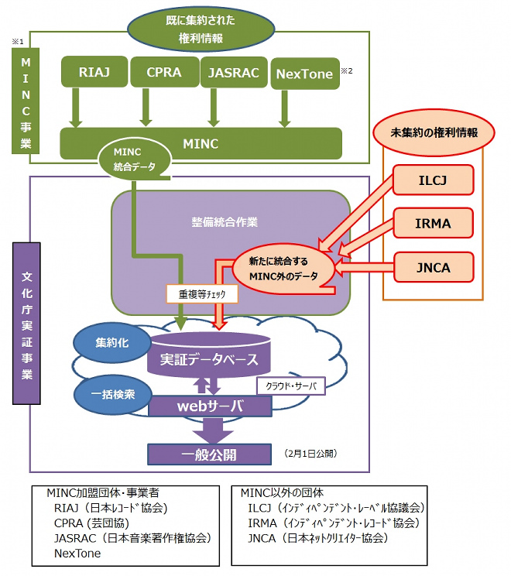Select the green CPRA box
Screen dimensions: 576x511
tap(163, 73)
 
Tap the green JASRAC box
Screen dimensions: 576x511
tap(234, 73)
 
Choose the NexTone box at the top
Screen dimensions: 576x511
tap(304, 74)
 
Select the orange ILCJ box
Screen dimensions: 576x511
tap(432, 181)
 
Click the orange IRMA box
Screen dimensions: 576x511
tap(432, 225)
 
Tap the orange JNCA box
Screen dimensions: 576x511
tap(432, 268)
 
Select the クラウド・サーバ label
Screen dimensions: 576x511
tap(291, 385)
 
